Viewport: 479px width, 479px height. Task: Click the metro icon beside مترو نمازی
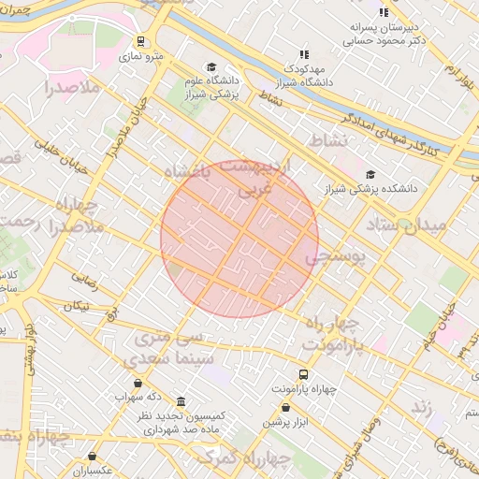pyautogui.click(x=140, y=41)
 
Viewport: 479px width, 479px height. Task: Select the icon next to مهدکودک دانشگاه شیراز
pyautogui.click(x=303, y=55)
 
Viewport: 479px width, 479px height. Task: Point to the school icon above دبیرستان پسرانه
pyautogui.click(x=383, y=12)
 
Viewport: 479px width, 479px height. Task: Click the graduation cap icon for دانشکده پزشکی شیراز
pyautogui.click(x=371, y=174)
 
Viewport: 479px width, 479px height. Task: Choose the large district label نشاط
pyautogui.click(x=328, y=139)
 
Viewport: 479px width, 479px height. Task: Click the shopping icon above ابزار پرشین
pyautogui.click(x=286, y=407)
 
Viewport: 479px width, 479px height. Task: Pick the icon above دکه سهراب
pyautogui.click(x=138, y=383)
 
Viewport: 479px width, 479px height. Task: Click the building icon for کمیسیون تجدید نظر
pyautogui.click(x=180, y=400)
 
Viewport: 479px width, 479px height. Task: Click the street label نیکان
pyautogui.click(x=77, y=306)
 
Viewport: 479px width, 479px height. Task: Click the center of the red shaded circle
pyautogui.click(x=239, y=239)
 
